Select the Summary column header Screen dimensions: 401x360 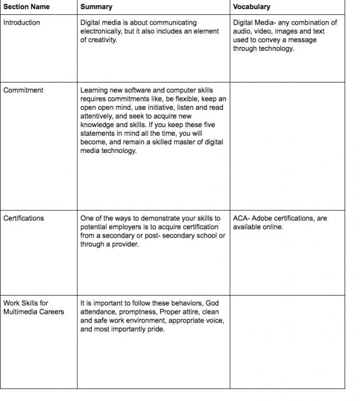(96, 7)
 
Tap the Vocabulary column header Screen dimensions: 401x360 (252, 7)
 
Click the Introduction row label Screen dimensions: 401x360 (22, 23)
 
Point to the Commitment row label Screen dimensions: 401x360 (23, 91)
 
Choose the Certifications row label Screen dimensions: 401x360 (23, 218)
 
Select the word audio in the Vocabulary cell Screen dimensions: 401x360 (242, 32)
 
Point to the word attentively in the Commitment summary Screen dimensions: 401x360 (99, 116)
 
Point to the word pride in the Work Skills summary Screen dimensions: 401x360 (155, 329)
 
